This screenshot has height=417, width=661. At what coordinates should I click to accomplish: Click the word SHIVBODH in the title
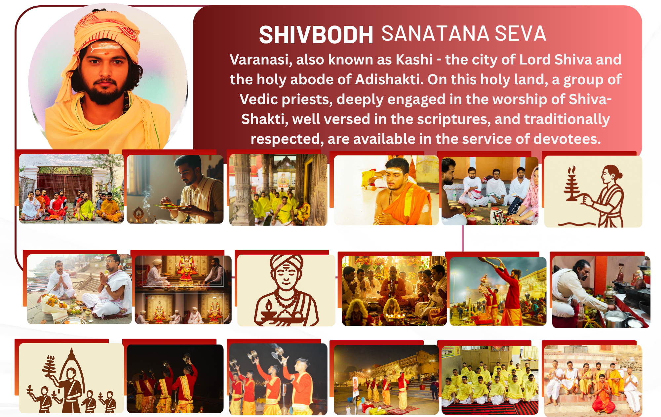(x=316, y=35)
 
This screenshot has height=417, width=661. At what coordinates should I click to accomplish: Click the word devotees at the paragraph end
(x=567, y=139)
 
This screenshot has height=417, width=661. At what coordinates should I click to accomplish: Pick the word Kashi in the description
(x=414, y=60)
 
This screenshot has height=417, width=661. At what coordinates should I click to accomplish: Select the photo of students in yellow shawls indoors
(x=490, y=380)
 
